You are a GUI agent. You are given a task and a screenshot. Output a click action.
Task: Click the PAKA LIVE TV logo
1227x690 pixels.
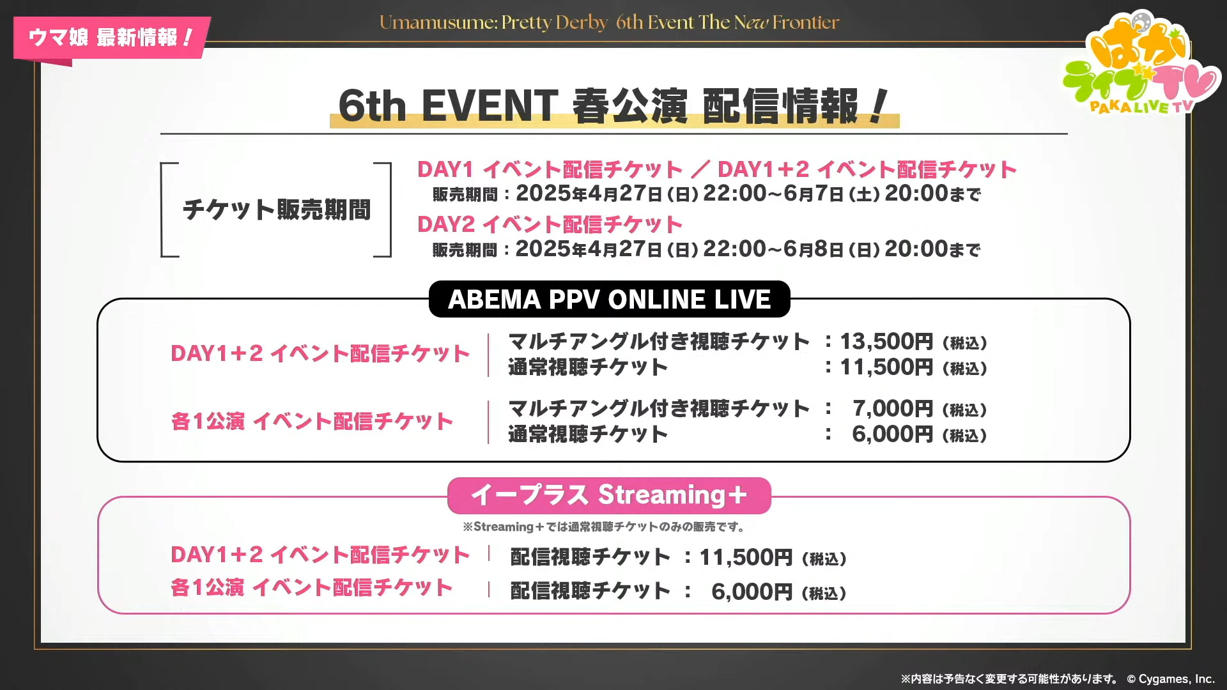[x=1141, y=64]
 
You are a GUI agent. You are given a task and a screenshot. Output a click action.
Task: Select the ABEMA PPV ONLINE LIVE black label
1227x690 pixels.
[x=609, y=299]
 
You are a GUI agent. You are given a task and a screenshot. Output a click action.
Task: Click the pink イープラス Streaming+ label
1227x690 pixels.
[x=609, y=495]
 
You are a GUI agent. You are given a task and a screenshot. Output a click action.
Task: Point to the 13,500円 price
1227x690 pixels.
[x=886, y=342]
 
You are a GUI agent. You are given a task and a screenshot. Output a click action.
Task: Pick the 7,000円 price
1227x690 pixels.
[x=892, y=409]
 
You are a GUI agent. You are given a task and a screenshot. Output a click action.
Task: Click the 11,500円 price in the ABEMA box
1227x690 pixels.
[x=886, y=367]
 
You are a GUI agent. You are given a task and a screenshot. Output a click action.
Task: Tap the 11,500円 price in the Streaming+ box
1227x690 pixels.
[x=746, y=558]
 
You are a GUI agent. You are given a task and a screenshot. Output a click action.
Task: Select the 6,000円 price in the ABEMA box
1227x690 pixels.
[x=892, y=434]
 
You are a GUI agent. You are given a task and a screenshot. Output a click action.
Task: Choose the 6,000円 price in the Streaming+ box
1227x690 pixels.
[x=752, y=592]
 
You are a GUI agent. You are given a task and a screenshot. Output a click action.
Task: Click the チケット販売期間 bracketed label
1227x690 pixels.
[x=276, y=210]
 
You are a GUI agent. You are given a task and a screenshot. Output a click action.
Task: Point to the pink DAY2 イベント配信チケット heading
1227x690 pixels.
[x=550, y=224]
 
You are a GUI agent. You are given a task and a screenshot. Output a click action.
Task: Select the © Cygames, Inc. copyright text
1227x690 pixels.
[x=1170, y=678]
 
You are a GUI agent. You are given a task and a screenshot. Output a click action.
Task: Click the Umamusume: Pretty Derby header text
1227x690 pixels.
[x=493, y=22]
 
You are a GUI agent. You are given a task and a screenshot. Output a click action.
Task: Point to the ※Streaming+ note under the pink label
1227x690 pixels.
[x=605, y=527]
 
